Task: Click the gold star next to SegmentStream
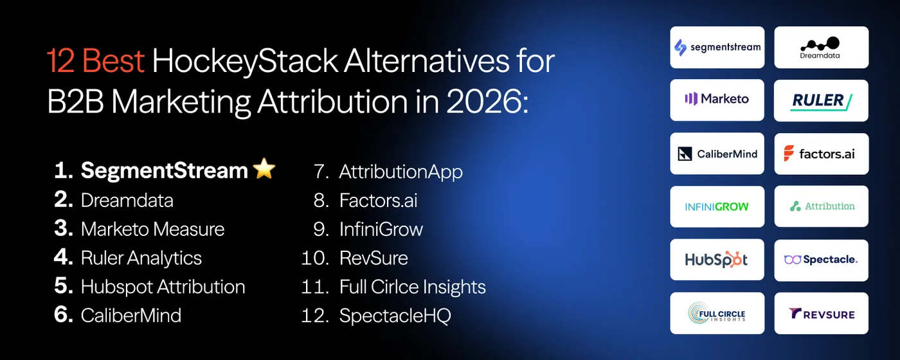point(264,170)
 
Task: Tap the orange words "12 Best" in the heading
point(96,62)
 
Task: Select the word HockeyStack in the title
point(245,62)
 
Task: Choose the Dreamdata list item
point(127,200)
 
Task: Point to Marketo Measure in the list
point(152,229)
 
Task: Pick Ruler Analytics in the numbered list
point(141,258)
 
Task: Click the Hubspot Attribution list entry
point(163,287)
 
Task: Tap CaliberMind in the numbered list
point(130,315)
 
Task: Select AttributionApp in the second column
point(401,172)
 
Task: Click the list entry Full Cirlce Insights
point(412,287)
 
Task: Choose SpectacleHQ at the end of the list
point(395,316)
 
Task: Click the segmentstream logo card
point(717,47)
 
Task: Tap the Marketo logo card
point(717,100)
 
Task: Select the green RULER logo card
point(821,100)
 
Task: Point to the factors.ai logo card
point(821,154)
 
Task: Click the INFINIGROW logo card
point(717,206)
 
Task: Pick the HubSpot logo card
point(717,260)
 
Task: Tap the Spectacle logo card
point(821,260)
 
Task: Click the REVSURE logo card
point(821,313)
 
